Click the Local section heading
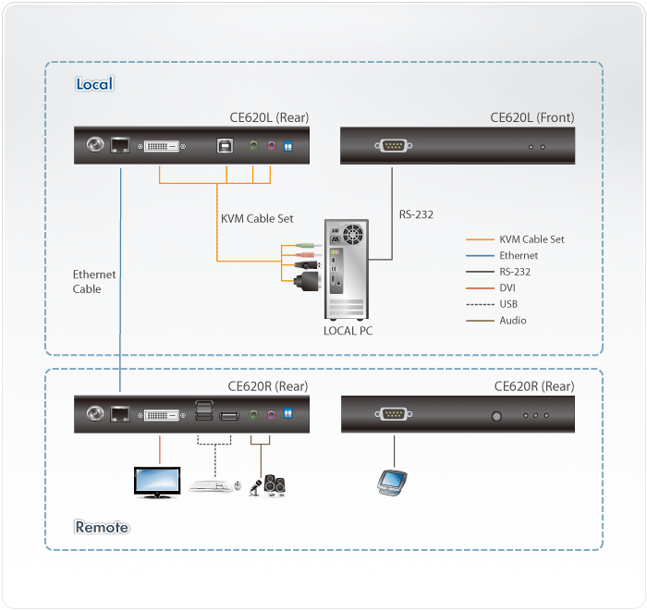point(93,84)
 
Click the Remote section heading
point(102,528)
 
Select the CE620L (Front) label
point(531,117)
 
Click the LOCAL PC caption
point(348,330)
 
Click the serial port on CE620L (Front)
point(394,145)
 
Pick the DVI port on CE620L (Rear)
point(163,146)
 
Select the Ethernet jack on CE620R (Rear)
point(120,415)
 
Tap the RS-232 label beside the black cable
point(416,215)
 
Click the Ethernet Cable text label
point(94,282)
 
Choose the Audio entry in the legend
point(512,321)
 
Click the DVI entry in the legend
point(507,287)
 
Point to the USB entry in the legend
point(508,304)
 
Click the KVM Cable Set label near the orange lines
point(257,219)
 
